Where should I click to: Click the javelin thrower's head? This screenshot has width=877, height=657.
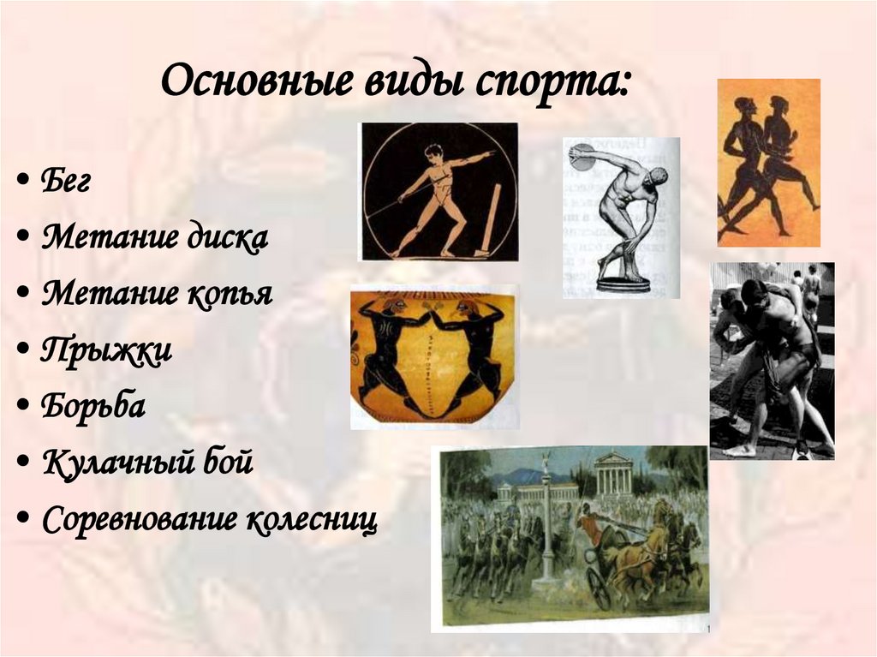point(433,152)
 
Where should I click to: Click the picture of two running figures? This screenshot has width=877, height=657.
point(768,163)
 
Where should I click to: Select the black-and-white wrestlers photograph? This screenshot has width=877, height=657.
point(772,361)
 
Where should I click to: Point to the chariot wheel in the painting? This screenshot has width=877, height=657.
point(599,589)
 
